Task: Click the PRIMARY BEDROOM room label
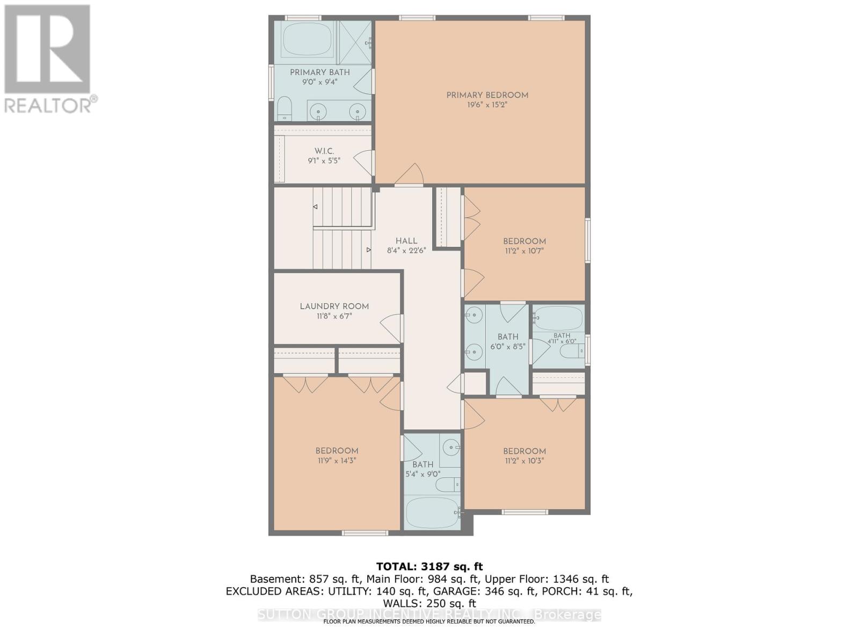click(487, 95)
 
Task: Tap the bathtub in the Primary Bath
click(307, 38)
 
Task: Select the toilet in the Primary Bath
click(284, 108)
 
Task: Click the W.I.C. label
click(324, 151)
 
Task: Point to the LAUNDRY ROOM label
click(334, 306)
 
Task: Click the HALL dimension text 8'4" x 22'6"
click(406, 251)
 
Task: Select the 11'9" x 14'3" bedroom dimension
click(337, 460)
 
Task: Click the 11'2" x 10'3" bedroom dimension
click(524, 460)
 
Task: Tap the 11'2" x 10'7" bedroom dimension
click(524, 251)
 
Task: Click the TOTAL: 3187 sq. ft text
click(429, 566)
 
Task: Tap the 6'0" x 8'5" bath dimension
click(507, 347)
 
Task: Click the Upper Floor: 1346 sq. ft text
click(546, 579)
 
